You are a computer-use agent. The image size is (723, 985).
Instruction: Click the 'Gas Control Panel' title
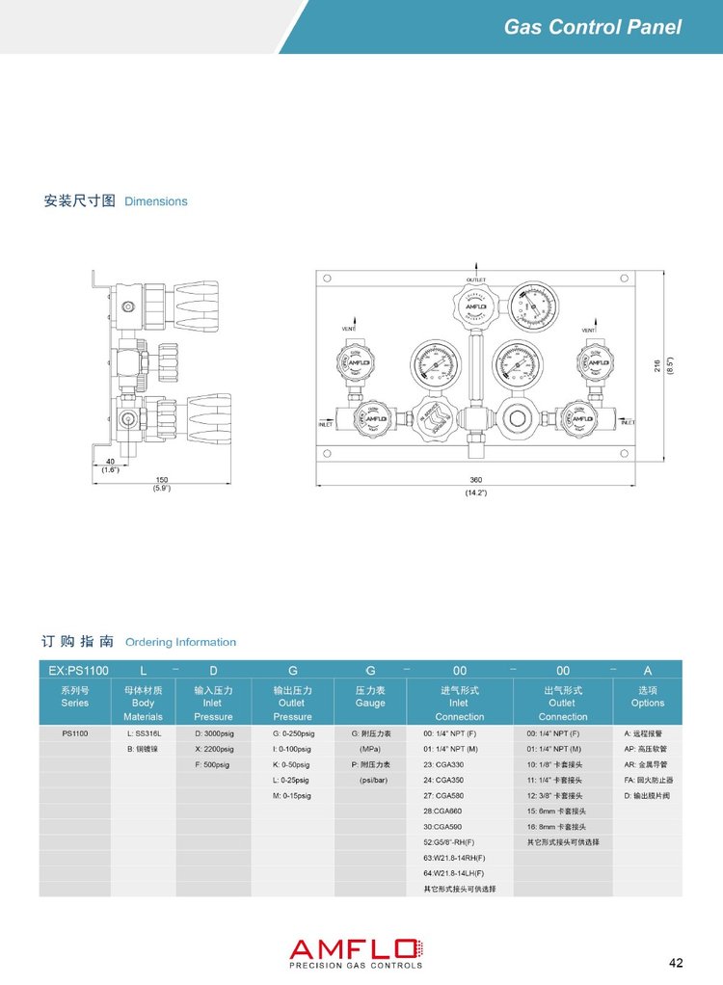[x=592, y=27]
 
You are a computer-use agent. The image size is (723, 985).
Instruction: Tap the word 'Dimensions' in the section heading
[x=156, y=201]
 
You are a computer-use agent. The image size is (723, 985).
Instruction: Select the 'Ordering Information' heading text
[x=180, y=642]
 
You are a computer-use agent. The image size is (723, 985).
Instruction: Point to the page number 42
[x=676, y=962]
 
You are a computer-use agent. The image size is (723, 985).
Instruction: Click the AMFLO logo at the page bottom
[x=356, y=952]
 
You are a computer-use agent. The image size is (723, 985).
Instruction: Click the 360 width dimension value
[x=475, y=479]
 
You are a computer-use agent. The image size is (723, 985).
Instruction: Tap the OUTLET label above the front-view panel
[x=476, y=280]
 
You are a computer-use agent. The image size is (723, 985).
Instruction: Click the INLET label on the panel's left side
[x=326, y=423]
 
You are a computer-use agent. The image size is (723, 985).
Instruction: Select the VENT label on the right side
[x=588, y=331]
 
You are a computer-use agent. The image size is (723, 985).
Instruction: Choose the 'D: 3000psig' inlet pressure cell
[x=214, y=733]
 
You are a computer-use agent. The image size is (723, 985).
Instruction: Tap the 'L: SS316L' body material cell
[x=144, y=733]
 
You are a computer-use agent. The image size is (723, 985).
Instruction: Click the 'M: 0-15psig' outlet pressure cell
[x=292, y=796]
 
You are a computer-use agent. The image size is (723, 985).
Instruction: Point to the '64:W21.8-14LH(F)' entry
[x=454, y=873]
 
